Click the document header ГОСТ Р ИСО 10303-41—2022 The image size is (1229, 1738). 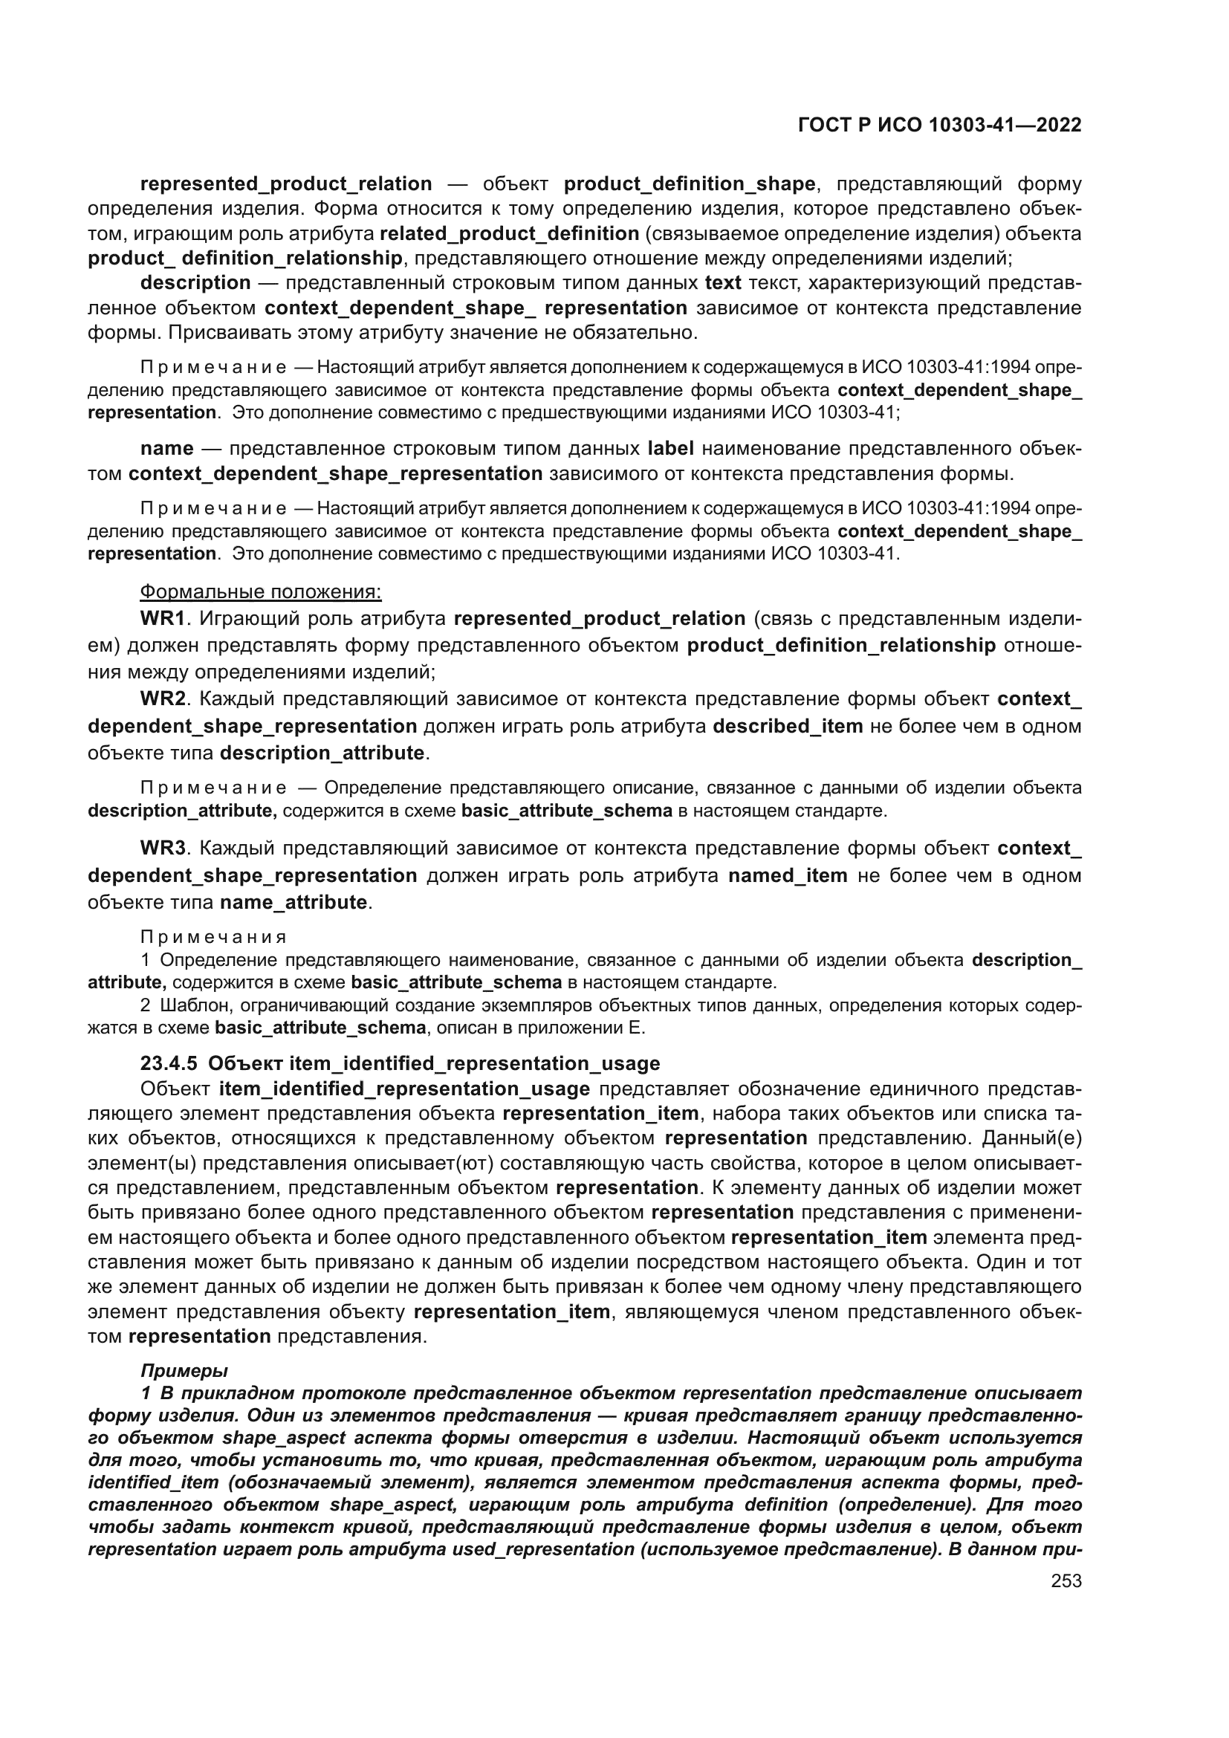(x=939, y=126)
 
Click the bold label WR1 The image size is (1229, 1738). (x=163, y=618)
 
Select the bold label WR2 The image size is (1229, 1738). (x=163, y=698)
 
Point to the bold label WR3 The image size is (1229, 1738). (x=163, y=848)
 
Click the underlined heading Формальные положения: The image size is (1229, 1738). (x=261, y=591)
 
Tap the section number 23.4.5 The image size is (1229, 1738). (x=169, y=1063)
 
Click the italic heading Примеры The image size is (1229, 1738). (x=184, y=1371)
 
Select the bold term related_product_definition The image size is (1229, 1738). (x=509, y=234)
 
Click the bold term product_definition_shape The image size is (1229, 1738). (x=690, y=184)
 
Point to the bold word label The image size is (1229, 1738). (x=670, y=448)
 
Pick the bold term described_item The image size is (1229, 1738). (x=788, y=726)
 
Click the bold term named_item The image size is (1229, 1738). (x=788, y=875)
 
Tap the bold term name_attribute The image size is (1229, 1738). (x=294, y=902)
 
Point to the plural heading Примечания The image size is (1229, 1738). (x=214, y=937)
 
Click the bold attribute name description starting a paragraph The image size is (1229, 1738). (x=195, y=283)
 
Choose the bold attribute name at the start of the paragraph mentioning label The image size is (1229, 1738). (x=166, y=448)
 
